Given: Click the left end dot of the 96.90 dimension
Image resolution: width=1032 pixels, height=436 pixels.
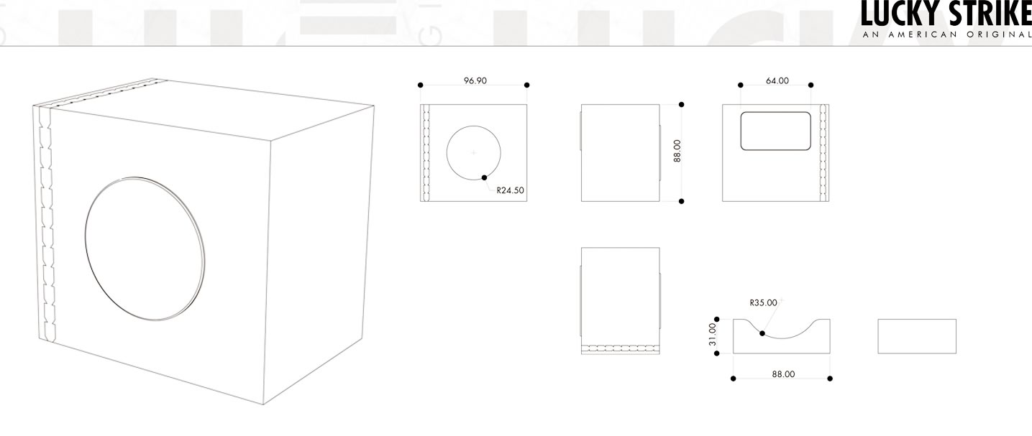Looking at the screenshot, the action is (420, 85).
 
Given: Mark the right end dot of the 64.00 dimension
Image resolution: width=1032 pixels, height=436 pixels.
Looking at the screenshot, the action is (811, 85).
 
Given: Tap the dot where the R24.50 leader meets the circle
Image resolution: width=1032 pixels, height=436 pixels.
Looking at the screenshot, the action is (484, 177).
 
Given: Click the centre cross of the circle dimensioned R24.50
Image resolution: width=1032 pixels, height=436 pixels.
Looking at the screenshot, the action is (474, 153).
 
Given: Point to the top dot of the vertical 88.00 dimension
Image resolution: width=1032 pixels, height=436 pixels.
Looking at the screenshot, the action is (681, 105).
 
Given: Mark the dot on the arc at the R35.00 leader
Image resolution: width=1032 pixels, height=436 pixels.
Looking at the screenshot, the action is (762, 333).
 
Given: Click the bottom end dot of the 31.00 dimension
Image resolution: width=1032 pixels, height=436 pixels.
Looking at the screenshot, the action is (716, 353).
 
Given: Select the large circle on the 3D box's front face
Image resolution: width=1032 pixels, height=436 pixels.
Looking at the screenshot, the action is (145, 249).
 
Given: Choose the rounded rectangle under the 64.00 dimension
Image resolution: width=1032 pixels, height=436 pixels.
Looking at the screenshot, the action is (776, 131).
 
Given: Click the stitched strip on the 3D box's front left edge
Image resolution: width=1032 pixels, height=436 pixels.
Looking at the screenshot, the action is (45, 223).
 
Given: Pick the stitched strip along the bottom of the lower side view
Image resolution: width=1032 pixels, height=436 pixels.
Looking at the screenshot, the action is (621, 348).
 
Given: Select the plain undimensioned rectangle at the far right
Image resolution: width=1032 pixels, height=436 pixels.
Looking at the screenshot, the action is (917, 336).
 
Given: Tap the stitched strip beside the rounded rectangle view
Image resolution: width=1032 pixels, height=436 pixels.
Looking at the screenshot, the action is (823, 153).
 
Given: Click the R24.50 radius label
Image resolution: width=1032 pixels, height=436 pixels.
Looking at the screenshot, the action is (510, 190).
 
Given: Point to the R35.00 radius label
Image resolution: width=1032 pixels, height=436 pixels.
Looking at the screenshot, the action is (764, 302).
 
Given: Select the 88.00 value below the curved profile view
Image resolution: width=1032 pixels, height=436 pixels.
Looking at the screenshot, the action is (783, 374).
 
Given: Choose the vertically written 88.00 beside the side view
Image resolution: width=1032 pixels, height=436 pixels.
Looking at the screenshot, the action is (677, 151).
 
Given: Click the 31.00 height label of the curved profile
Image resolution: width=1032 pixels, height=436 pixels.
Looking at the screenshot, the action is (712, 334).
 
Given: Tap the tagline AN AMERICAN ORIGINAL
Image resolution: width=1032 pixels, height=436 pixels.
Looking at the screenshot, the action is (946, 34).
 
